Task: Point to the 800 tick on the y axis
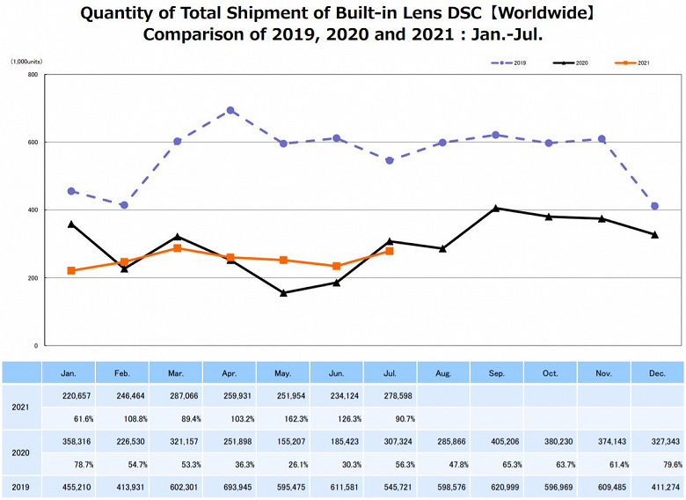click(x=33, y=75)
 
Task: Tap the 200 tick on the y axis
click(x=33, y=278)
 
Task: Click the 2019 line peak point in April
click(x=230, y=111)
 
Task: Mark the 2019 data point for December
click(x=654, y=206)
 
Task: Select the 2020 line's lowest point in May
click(x=283, y=293)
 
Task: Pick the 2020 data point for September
click(x=496, y=209)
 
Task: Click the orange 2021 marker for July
click(x=390, y=251)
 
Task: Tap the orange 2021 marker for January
click(x=71, y=270)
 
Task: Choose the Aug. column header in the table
click(x=443, y=372)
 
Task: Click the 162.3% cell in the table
click(x=284, y=419)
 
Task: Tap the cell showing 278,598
click(x=390, y=396)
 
